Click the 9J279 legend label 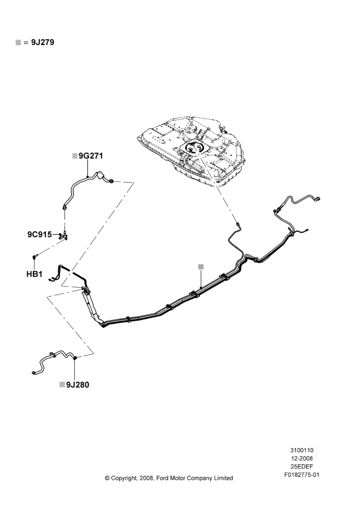tap(43, 42)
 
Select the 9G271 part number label tap(91, 156)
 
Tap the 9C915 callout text tap(40, 234)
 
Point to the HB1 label tap(35, 274)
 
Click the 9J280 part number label tap(77, 385)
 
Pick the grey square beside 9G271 tap(75, 156)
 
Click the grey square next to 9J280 tap(62, 385)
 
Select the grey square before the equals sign tap(18, 43)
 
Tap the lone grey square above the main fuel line tap(201, 266)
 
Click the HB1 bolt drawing tap(35, 257)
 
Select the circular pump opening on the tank tap(195, 147)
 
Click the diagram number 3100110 tap(302, 450)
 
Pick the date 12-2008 tap(302, 458)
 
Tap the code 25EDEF tap(302, 466)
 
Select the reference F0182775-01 tap(302, 475)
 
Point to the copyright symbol tap(107, 478)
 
